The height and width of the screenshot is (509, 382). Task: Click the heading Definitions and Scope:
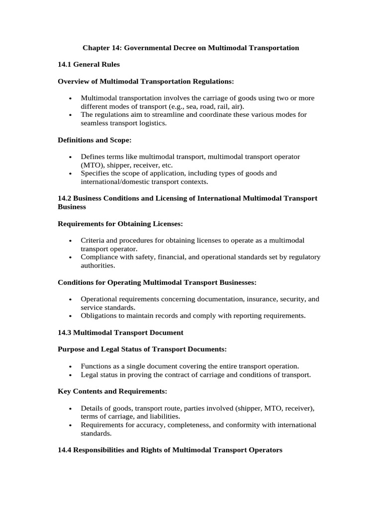[x=95, y=140]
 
